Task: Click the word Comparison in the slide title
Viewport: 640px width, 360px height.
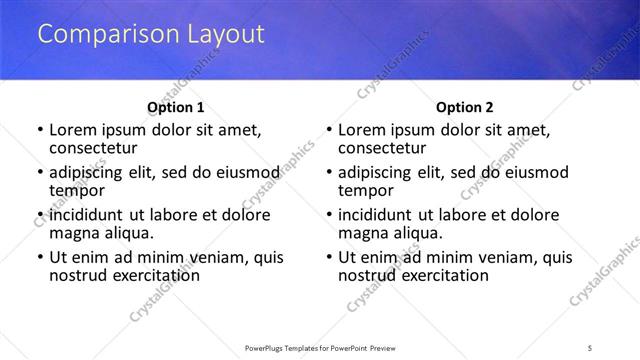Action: (x=99, y=34)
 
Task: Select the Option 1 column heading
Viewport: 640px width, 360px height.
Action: (x=176, y=107)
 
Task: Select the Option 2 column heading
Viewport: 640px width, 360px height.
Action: (x=465, y=107)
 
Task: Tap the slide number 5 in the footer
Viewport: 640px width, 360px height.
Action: (x=591, y=347)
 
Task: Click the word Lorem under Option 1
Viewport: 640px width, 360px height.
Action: (x=73, y=130)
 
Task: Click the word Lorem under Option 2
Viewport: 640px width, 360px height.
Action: (x=362, y=130)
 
